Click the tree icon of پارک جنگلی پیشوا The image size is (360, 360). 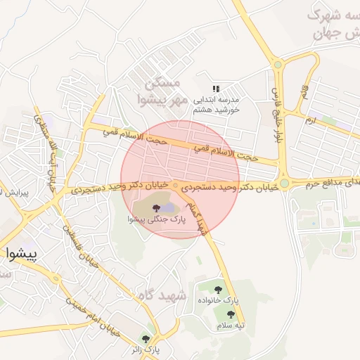point(156,207)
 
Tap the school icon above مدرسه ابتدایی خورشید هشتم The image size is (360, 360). point(217,88)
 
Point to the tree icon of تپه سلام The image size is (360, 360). point(231,314)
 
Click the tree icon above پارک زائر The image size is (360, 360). point(146,338)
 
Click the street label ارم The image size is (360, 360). point(310,121)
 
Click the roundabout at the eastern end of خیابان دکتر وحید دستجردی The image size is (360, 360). point(284,184)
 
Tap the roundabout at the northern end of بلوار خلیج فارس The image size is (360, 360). point(278,65)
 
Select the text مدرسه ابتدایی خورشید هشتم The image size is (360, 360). point(217,105)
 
